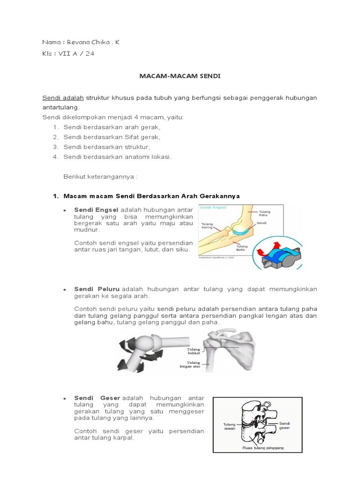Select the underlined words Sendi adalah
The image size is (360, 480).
pyautogui.click(x=63, y=97)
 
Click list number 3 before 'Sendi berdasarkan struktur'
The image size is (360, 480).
pyautogui.click(x=55, y=147)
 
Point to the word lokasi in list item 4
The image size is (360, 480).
pyautogui.click(x=160, y=157)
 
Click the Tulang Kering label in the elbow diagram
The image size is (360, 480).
pyautogui.click(x=207, y=226)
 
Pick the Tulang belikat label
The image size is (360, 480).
pyautogui.click(x=193, y=352)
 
